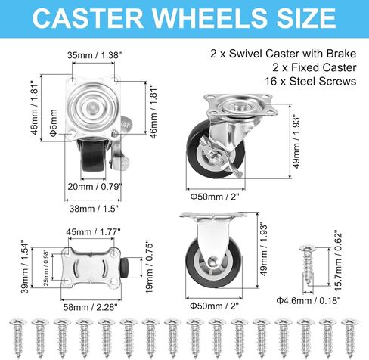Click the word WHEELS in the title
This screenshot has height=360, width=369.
pos(209,18)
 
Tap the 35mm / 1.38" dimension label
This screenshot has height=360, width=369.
pos(95,55)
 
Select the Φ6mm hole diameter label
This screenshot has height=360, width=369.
pos(54,123)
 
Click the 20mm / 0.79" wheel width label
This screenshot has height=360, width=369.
pos(95,187)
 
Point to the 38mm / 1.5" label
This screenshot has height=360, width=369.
pos(94,209)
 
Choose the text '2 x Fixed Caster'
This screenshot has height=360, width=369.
pos(314,67)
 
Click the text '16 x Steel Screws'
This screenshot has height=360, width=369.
pos(310,82)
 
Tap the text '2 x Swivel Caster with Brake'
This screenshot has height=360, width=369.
pos(284,54)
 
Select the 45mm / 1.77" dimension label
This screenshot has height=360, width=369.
pos(93,231)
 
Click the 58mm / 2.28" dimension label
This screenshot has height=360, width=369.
pos(90,307)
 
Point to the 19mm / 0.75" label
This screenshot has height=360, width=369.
pos(149,268)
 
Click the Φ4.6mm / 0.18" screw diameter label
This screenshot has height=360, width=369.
pos(309,300)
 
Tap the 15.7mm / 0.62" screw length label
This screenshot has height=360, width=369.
pos(338,260)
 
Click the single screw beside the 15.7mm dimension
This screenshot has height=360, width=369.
pos(308,265)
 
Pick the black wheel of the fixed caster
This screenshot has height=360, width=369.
pos(214,262)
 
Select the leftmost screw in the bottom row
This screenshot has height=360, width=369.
pos(17,338)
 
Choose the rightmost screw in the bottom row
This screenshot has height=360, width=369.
pos(350,338)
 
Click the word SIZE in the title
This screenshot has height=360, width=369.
pos(306,18)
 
